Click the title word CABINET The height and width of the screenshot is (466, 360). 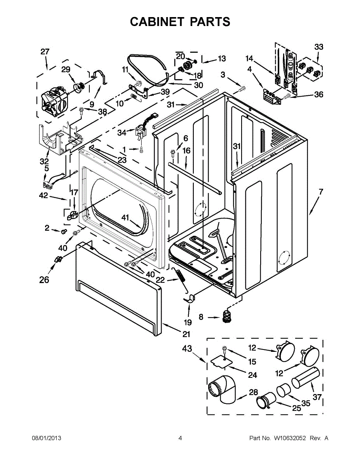tap(157, 22)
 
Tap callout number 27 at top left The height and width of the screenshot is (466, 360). tap(45, 52)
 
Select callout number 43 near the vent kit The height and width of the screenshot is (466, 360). tap(187, 349)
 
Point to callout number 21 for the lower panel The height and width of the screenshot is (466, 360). tap(187, 334)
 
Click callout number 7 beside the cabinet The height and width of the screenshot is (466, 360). tap(321, 191)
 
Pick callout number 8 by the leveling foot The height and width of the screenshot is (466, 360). tap(201, 317)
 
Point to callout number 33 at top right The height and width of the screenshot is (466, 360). tap(318, 47)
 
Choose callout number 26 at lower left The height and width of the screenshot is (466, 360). tap(44, 279)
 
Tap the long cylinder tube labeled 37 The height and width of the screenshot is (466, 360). tap(306, 378)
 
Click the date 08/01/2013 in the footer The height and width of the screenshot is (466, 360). tap(46, 438)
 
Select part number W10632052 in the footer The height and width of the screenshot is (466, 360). tap(290, 438)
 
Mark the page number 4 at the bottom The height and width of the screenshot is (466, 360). tap(180, 438)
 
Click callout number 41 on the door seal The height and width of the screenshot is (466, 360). tap(125, 217)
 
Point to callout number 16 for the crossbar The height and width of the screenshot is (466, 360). tap(186, 151)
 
